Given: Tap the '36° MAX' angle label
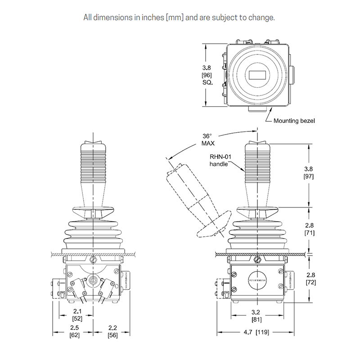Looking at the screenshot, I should click(207, 139).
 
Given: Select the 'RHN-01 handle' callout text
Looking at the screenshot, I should click(220, 160).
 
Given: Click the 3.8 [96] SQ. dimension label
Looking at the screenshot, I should click(207, 75).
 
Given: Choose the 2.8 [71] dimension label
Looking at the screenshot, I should click(310, 229).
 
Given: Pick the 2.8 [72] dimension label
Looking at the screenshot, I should click(310, 278).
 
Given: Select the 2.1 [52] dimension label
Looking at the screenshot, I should click(77, 314).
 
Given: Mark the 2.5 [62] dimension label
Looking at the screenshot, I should click(75, 332).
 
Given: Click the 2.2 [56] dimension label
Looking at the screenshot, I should click(112, 332).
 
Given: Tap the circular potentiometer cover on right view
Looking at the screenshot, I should click(256, 279).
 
